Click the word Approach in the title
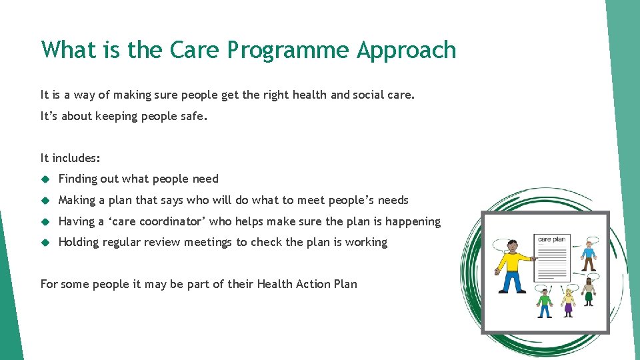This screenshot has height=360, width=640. pyautogui.click(x=407, y=51)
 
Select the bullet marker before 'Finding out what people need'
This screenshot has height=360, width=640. pyautogui.click(x=45, y=179)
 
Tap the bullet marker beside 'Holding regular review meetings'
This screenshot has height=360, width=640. pyautogui.click(x=45, y=243)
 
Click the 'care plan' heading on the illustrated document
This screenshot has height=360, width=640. pyautogui.click(x=551, y=239)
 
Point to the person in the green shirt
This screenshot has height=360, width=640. pyautogui.click(x=545, y=304)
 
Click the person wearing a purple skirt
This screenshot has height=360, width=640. pyautogui.click(x=568, y=303)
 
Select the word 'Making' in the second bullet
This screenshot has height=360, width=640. pyautogui.click(x=76, y=200)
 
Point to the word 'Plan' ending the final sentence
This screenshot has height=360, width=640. pyautogui.click(x=345, y=284)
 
